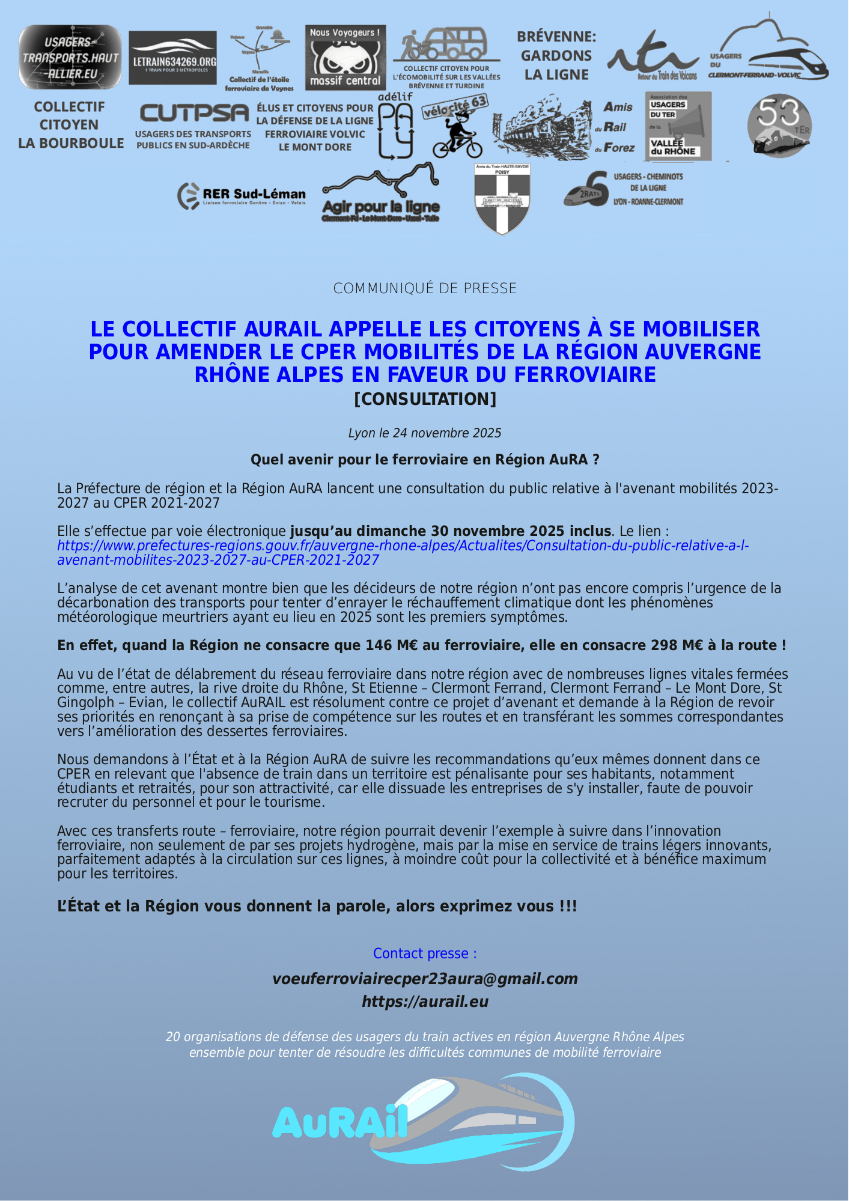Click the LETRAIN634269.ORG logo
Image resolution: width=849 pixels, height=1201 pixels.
pos(173,58)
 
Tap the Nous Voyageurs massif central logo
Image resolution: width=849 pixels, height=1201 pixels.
pos(345,57)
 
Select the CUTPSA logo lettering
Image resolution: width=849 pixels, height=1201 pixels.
pos(194,113)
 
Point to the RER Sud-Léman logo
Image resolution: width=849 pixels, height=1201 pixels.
pos(242,195)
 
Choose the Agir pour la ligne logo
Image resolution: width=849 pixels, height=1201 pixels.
pos(381,193)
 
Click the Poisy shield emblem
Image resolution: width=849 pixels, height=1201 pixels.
pos(502,198)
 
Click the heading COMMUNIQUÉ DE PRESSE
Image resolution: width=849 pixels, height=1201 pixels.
pos(425,288)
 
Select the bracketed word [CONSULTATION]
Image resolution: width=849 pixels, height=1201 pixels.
pos(425,399)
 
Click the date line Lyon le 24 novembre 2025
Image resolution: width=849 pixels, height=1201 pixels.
pos(425,433)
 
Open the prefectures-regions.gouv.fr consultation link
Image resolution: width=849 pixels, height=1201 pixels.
pos(403,553)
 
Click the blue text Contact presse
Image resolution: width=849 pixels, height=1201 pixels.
pos(425,953)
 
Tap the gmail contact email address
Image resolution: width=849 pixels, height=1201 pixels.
pos(425,979)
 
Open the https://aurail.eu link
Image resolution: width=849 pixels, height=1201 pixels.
pos(425,1002)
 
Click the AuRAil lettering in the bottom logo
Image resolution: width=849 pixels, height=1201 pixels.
pos(340,1122)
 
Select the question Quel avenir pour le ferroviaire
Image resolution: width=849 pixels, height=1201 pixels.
pos(425,460)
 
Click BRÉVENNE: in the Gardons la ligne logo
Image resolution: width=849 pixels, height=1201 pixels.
pos(556,37)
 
